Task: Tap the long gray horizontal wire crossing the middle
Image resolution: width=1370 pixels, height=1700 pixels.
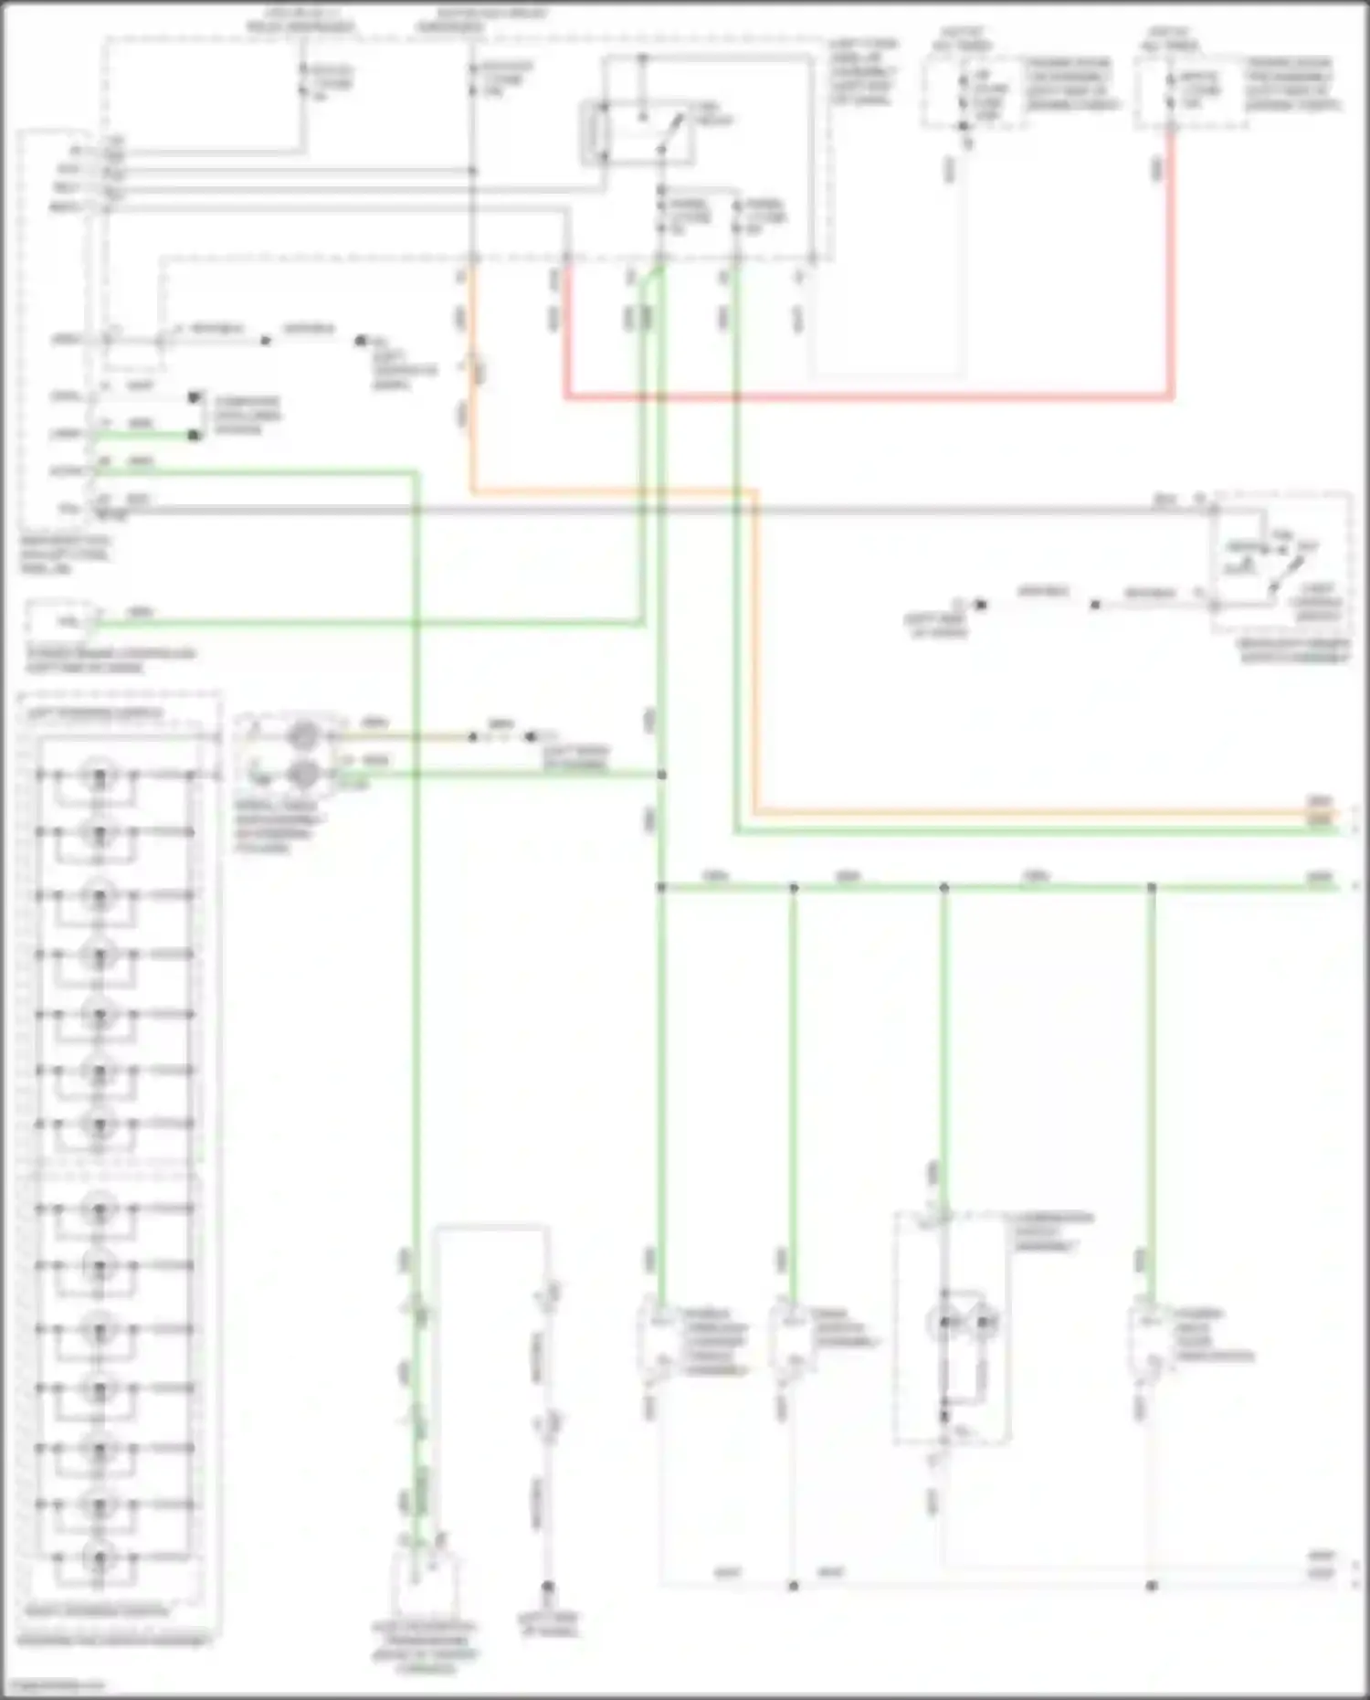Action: pyautogui.click(x=639, y=510)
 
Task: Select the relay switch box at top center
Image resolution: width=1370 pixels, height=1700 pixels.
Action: pyautogui.click(x=638, y=134)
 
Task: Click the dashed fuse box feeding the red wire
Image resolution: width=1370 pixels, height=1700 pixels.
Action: pyautogui.click(x=1192, y=92)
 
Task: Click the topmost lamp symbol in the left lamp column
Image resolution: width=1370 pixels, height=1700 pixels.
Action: pyautogui.click(x=99, y=776)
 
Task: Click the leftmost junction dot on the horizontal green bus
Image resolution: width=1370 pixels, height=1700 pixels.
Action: pyautogui.click(x=661, y=887)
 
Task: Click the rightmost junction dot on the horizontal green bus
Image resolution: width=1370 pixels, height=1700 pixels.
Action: pyautogui.click(x=1152, y=887)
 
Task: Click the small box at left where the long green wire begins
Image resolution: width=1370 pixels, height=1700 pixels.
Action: pyautogui.click(x=60, y=622)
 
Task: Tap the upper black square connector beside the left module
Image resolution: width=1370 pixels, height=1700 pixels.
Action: pyautogui.click(x=194, y=397)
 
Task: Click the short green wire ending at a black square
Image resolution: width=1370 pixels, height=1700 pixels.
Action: pyautogui.click(x=146, y=436)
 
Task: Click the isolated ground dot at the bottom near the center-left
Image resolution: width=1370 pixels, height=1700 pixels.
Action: pyautogui.click(x=548, y=1587)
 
